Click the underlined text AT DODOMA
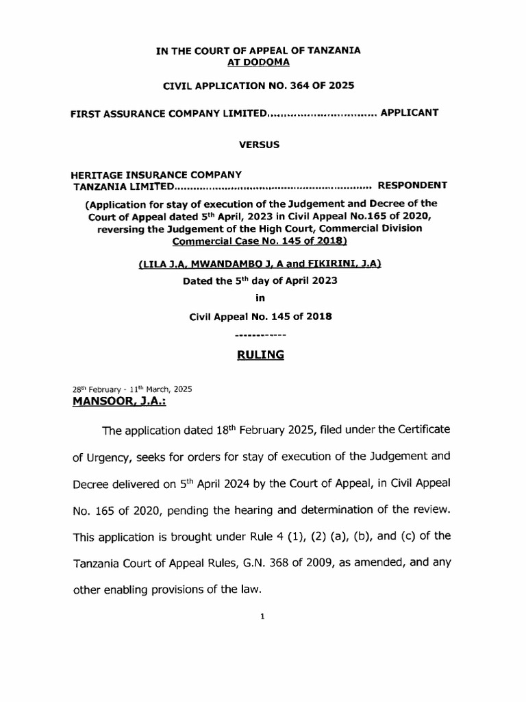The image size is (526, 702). pyautogui.click(x=258, y=62)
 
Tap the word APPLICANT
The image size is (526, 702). pyautogui.click(x=410, y=112)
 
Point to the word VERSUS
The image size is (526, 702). pyautogui.click(x=258, y=145)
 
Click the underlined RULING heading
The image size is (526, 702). pyautogui.click(x=260, y=355)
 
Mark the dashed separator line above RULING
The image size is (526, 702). pyautogui.click(x=260, y=335)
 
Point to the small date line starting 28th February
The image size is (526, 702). pyautogui.click(x=131, y=389)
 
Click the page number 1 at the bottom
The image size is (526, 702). pyautogui.click(x=262, y=616)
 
